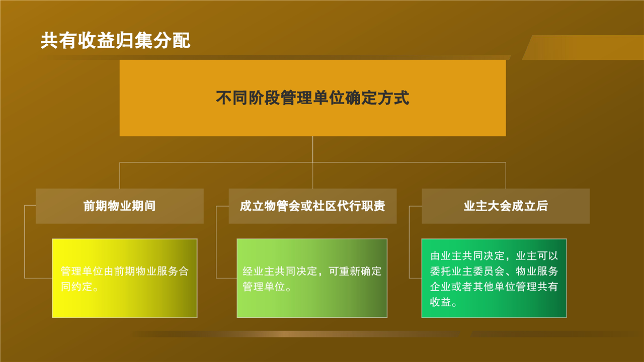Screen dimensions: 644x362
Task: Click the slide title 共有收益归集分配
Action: (x=115, y=40)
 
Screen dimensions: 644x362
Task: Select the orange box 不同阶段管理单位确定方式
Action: (x=312, y=98)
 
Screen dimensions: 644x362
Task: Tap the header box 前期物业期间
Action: (x=120, y=206)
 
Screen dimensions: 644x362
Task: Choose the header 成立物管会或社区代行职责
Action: (x=312, y=206)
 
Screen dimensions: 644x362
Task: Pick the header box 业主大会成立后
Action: (x=506, y=206)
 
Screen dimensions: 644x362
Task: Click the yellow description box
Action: (x=124, y=278)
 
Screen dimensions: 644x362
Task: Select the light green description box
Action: (x=312, y=278)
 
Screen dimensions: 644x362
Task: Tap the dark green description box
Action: (x=494, y=278)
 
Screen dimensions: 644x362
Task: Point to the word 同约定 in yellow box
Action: (x=76, y=287)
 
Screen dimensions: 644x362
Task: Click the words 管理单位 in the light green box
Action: (x=264, y=287)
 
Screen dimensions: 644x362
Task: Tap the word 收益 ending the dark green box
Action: (x=440, y=302)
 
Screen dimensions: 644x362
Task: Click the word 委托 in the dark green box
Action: (x=440, y=271)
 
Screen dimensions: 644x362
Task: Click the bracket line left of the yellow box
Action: (x=25, y=242)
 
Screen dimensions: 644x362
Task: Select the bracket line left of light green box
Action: (x=216, y=242)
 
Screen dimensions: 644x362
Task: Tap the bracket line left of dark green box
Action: (x=409, y=242)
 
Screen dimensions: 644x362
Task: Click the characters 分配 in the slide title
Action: (x=172, y=40)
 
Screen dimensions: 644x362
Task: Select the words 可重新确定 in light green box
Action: (x=355, y=271)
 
